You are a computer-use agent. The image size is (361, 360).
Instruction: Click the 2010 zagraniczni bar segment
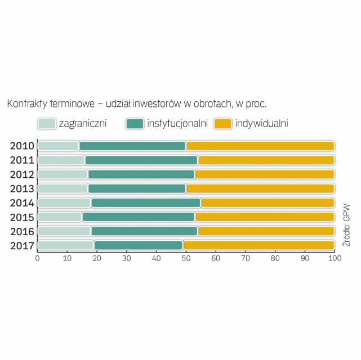point(58,146)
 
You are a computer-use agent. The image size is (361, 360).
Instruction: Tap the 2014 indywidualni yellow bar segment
point(268,203)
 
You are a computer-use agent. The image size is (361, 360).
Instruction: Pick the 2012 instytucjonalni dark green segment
point(141,174)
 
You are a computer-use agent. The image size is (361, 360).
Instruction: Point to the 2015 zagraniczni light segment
point(60,217)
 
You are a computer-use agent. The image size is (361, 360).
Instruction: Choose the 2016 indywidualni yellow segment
point(266,231)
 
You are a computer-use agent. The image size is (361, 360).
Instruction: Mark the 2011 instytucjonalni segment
point(141,160)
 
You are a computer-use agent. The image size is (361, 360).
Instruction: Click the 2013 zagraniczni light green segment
point(63,188)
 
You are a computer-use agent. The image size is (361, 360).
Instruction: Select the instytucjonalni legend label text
point(177,123)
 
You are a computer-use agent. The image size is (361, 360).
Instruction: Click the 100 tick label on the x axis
point(335,259)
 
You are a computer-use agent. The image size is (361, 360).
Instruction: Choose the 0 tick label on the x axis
point(37,259)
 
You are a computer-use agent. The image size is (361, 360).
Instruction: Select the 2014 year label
point(23,203)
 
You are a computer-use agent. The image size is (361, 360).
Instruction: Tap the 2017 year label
point(23,245)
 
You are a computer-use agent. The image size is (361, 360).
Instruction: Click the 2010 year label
point(23,146)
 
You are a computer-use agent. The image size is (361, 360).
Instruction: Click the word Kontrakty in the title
point(26,104)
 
